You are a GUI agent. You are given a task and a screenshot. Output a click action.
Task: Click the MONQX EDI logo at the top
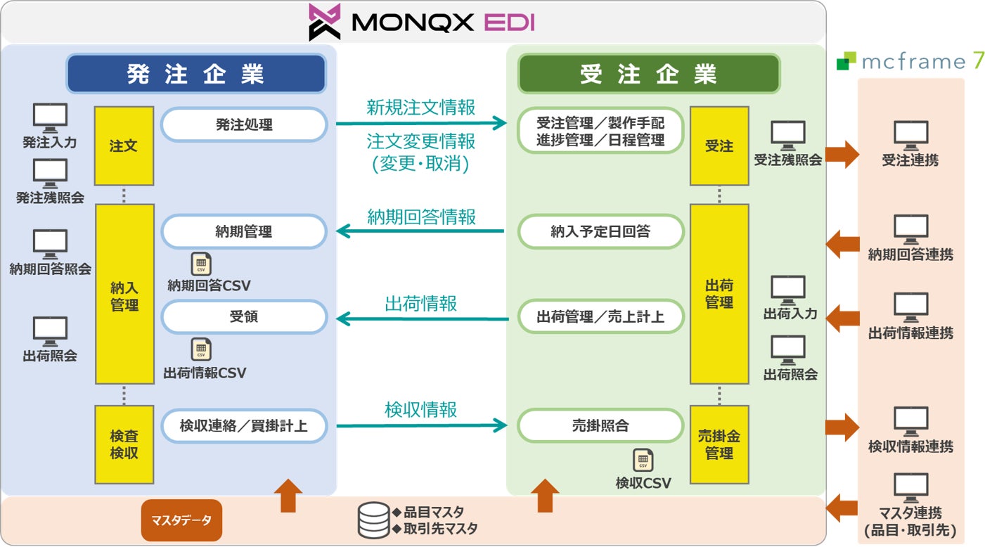click(422, 22)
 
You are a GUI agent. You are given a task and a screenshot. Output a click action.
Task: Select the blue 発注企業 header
click(196, 74)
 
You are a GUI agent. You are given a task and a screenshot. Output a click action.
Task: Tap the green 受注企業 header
click(648, 74)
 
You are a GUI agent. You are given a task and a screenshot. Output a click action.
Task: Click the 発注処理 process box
click(244, 125)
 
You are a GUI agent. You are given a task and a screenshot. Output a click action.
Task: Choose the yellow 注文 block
click(124, 146)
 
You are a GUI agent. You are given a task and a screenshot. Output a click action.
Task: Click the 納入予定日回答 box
click(600, 232)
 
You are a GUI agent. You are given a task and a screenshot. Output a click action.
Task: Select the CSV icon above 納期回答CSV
click(201, 264)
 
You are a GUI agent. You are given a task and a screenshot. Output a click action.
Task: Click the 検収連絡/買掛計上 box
click(244, 425)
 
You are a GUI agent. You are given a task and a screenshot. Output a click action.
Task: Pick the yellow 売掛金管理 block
click(719, 444)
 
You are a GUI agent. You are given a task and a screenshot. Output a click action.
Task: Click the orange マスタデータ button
click(181, 520)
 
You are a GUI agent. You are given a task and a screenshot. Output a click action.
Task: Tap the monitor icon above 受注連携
click(910, 134)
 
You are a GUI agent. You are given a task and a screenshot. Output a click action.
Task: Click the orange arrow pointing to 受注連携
click(842, 153)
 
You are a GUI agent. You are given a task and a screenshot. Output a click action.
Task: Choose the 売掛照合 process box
click(600, 425)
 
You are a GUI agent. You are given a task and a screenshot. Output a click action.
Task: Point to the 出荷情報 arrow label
click(420, 303)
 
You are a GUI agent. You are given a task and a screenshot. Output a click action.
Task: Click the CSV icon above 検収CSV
click(643, 460)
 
